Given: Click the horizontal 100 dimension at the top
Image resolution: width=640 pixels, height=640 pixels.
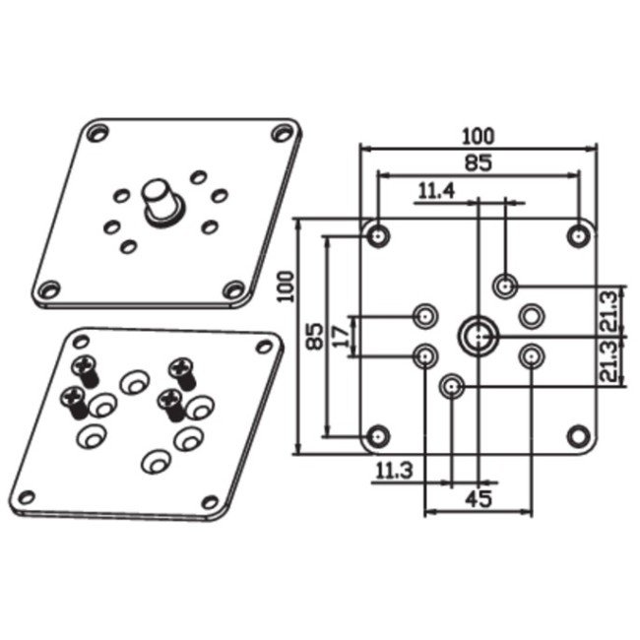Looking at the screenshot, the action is point(478,136).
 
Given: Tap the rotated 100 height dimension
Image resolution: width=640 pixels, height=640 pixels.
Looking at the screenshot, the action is point(286,287).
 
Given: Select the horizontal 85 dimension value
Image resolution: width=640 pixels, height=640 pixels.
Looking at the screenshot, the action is point(479,162).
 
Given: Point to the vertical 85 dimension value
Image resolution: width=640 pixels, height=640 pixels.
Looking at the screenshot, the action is point(315,336).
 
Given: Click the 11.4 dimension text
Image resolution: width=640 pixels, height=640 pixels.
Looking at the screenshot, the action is point(436,191).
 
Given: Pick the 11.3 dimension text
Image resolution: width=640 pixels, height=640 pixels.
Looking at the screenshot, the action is point(394,471).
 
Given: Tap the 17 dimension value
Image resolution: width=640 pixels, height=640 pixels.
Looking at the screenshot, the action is point(342,337).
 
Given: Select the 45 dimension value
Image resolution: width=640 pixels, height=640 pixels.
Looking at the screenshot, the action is point(480,499).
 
